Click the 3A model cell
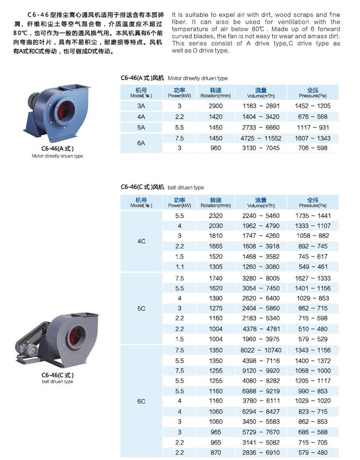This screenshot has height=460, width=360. pos(141,106)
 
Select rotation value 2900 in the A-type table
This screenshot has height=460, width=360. pos(215,106)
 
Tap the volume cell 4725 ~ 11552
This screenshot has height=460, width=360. pos(261,138)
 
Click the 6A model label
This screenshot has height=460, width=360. pos(141,143)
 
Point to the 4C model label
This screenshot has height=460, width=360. pos(141,241)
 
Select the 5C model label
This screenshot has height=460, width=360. pos(141,308)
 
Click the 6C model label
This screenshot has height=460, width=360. pos(141,401)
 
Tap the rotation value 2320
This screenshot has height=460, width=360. pos(215,215)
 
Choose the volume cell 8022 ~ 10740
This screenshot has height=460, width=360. pos(261,351)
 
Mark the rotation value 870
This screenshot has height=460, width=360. pos(215,452)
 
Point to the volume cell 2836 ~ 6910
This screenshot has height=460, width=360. pos(261,452)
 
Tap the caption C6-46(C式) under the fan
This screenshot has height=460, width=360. pos(57,375)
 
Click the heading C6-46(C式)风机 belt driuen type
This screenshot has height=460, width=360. pos(162,187)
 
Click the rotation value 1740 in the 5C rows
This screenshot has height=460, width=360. pos(215,278)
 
